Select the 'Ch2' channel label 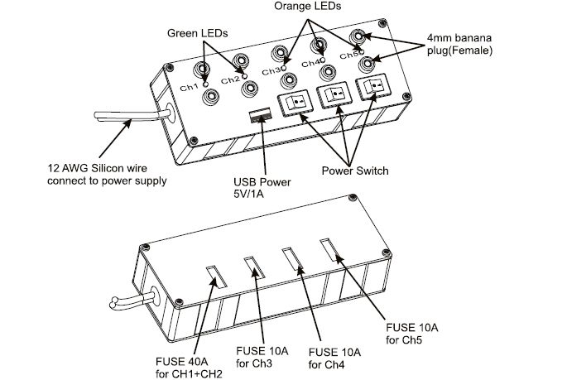click(x=230, y=79)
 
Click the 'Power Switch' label click(x=355, y=171)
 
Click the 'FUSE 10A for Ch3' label click(x=262, y=357)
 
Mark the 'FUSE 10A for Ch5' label click(x=412, y=334)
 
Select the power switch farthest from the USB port click(x=372, y=87)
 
